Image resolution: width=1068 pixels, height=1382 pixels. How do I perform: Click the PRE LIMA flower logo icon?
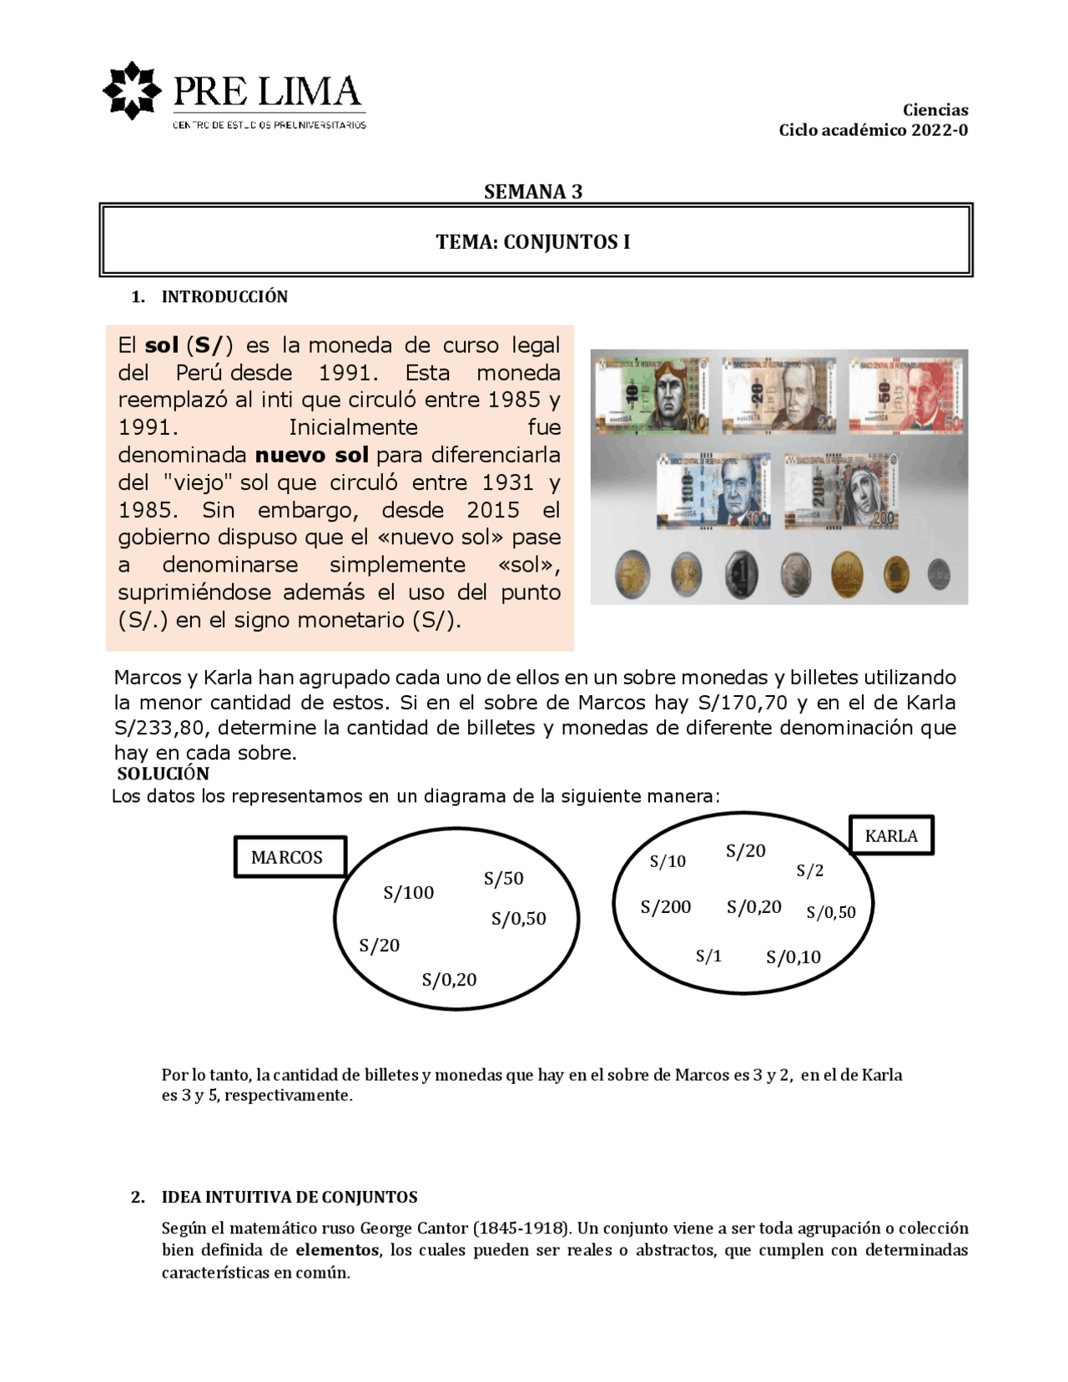(131, 90)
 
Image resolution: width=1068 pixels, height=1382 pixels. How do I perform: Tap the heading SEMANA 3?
(533, 192)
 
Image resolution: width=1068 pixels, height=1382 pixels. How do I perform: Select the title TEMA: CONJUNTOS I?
(533, 242)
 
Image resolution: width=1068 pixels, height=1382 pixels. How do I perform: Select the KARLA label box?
(891, 835)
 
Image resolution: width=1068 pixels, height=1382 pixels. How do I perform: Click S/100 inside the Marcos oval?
(409, 893)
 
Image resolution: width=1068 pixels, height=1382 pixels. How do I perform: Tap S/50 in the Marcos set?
(503, 879)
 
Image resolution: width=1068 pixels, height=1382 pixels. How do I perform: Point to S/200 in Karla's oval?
(665, 907)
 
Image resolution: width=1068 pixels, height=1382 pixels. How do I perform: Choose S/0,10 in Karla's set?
(793, 957)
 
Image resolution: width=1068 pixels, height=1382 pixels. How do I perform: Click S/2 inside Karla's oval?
(809, 870)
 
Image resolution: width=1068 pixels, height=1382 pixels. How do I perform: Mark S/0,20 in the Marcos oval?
(449, 980)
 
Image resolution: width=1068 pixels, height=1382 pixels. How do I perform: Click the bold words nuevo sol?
(311, 455)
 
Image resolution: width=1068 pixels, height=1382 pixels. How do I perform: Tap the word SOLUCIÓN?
(164, 774)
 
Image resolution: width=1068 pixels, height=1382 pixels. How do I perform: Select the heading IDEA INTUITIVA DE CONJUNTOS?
(289, 1198)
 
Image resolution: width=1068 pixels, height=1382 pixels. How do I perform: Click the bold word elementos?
(337, 1250)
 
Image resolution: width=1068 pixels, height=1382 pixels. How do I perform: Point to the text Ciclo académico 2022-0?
(873, 130)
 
